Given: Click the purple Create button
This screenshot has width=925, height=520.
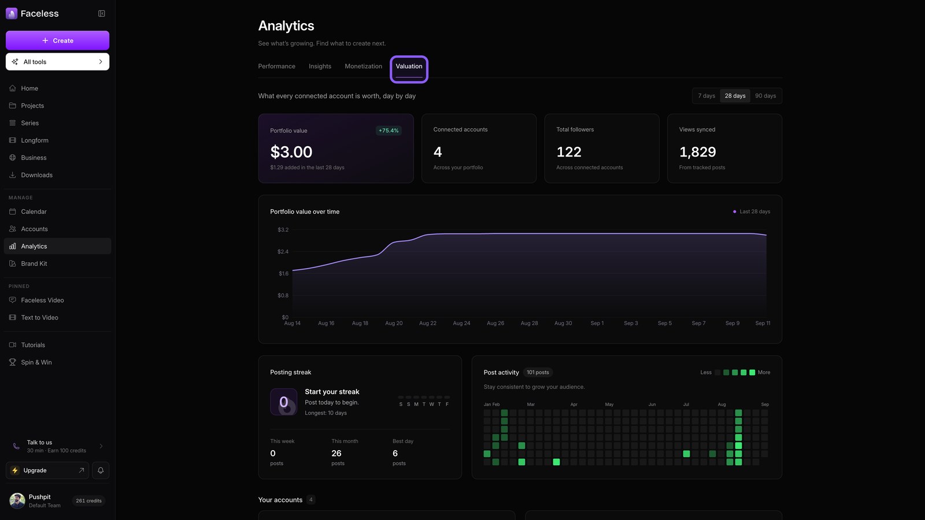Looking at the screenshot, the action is click(x=57, y=40).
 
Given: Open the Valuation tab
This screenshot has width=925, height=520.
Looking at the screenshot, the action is click(x=409, y=66).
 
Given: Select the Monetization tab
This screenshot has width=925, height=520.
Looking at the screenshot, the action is click(x=364, y=66).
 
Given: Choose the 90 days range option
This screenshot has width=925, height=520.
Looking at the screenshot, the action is click(x=765, y=96).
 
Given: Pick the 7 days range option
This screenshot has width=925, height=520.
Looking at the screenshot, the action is click(x=706, y=96).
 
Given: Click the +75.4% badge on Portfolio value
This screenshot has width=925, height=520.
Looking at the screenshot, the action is click(x=388, y=131).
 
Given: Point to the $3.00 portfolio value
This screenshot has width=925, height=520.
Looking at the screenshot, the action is click(x=291, y=152).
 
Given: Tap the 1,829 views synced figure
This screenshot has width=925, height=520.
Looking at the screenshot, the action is click(x=697, y=152).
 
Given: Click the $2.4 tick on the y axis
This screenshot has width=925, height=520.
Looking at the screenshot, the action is click(x=283, y=252).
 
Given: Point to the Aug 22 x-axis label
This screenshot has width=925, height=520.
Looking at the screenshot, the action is click(x=427, y=323).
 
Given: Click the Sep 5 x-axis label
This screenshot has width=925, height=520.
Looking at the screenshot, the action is click(x=664, y=323).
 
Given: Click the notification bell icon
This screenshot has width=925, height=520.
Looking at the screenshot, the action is click(x=101, y=470).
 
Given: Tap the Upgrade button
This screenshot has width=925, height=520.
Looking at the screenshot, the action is click(x=47, y=470).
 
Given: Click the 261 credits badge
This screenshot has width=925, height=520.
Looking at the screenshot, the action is click(x=88, y=500).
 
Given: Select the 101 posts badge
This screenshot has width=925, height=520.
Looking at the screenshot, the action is click(x=538, y=372).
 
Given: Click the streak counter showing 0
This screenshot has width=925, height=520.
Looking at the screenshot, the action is click(x=283, y=402).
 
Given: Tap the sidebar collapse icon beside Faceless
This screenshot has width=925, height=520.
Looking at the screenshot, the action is click(x=102, y=14).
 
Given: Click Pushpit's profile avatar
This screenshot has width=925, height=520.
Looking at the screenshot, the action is click(x=17, y=500).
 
